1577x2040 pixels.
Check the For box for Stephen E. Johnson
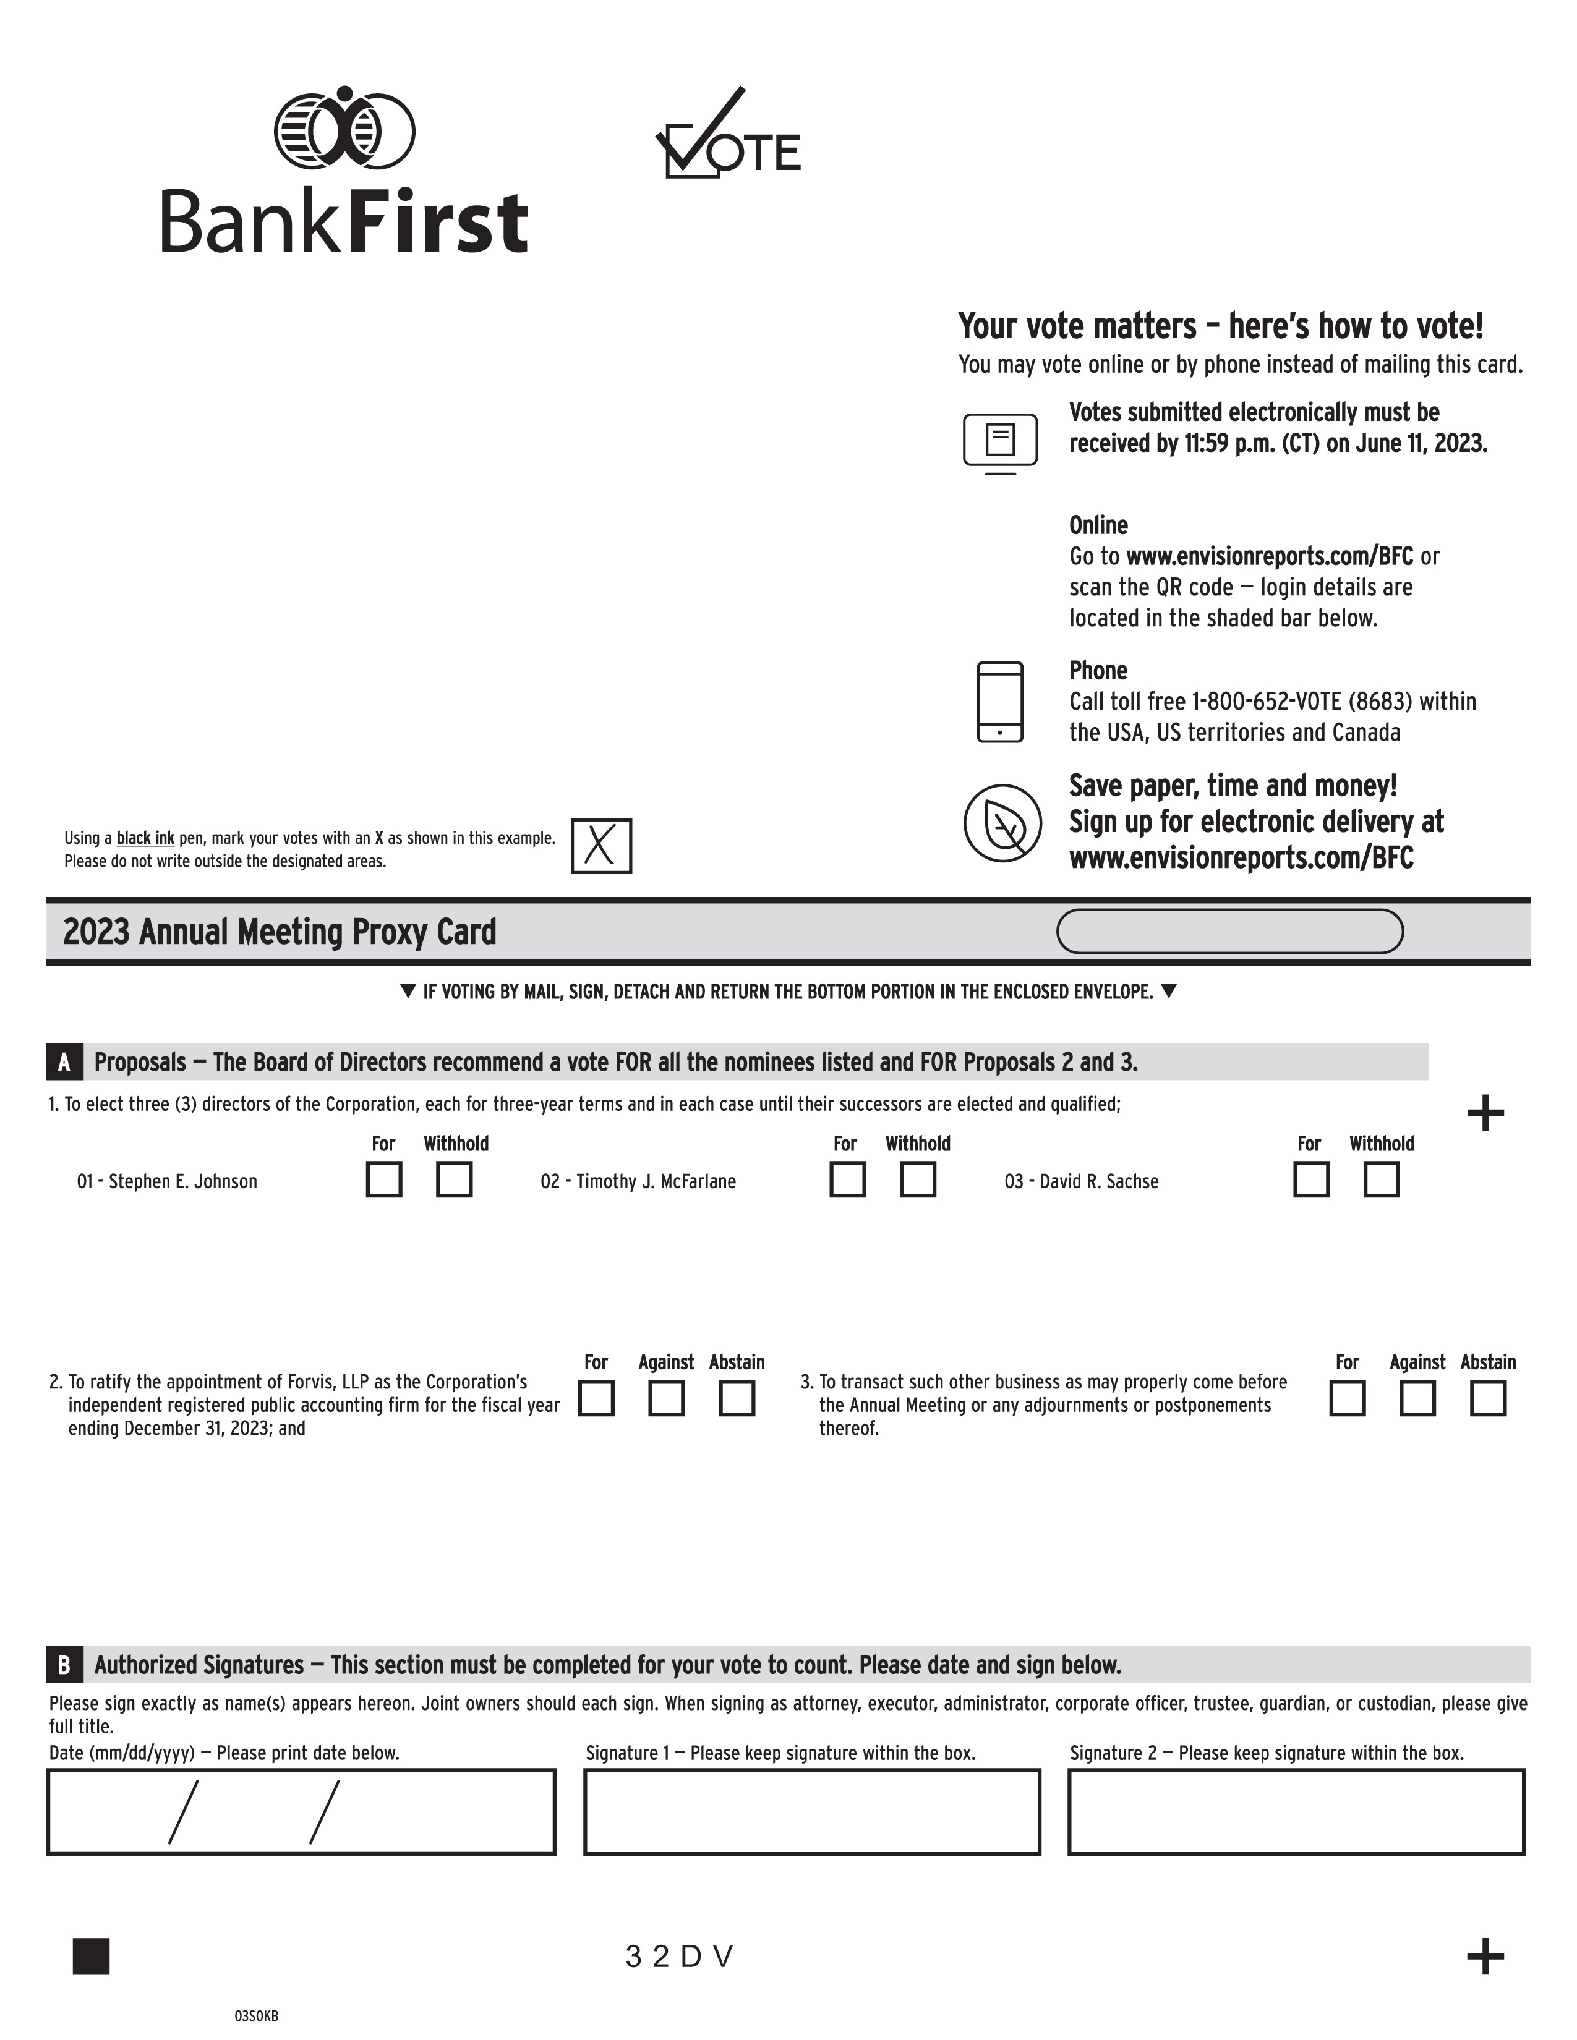point(384,1179)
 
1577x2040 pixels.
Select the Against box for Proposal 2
point(666,1398)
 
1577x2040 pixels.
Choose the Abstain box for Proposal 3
point(1487,1398)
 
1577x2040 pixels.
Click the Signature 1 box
point(812,1811)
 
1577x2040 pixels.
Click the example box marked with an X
point(600,846)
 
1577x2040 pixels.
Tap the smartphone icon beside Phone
point(999,702)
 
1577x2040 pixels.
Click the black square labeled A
point(64,1062)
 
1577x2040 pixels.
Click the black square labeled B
point(64,1665)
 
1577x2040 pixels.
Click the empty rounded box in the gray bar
point(1229,931)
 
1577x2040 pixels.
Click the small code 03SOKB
point(256,2016)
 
